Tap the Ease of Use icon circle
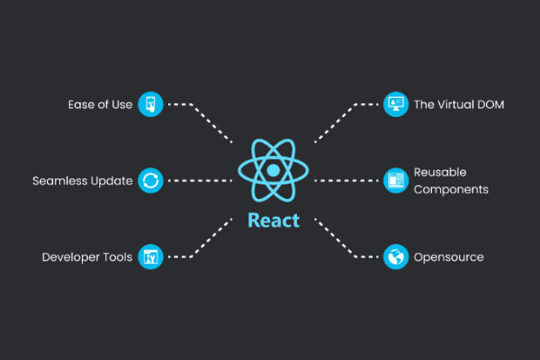click(150, 104)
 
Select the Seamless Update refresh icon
click(150, 181)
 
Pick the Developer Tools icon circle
click(150, 257)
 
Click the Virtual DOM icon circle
click(395, 104)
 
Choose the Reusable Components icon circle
click(395, 181)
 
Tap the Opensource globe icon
click(395, 257)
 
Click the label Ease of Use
click(100, 104)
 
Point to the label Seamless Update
click(83, 181)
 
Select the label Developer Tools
click(87, 257)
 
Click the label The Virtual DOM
click(459, 104)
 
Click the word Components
click(451, 190)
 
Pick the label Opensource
click(448, 257)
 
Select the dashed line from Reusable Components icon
click(346, 181)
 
